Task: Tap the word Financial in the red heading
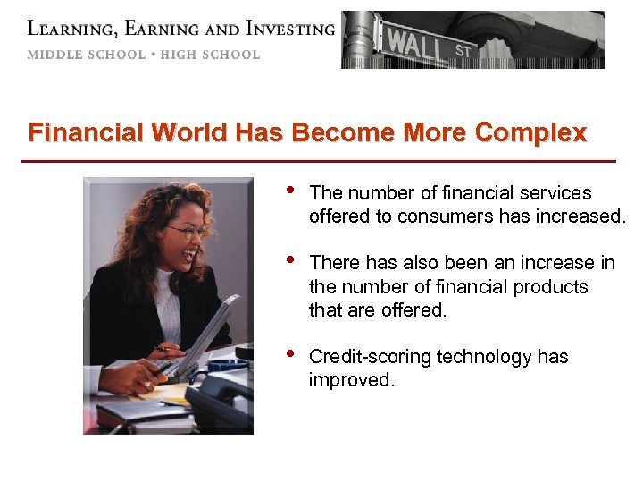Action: coord(86,133)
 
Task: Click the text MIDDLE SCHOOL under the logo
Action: coord(86,55)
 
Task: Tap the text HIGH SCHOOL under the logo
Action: coord(210,55)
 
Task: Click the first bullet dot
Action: coord(288,190)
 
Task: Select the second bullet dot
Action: coord(288,259)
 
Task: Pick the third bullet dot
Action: coord(288,353)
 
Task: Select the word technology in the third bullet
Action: coord(479,357)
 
